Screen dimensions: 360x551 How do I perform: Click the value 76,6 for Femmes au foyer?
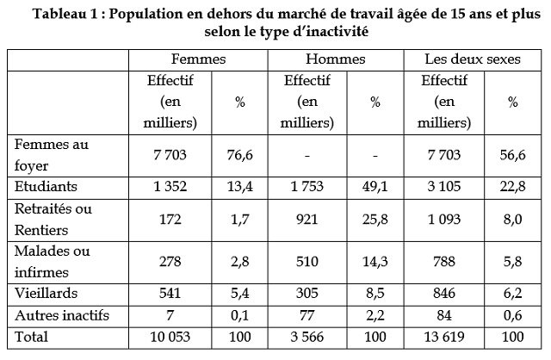click(x=238, y=155)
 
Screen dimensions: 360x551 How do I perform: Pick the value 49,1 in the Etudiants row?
click(x=375, y=186)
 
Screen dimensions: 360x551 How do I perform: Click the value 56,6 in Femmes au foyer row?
click(x=512, y=155)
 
